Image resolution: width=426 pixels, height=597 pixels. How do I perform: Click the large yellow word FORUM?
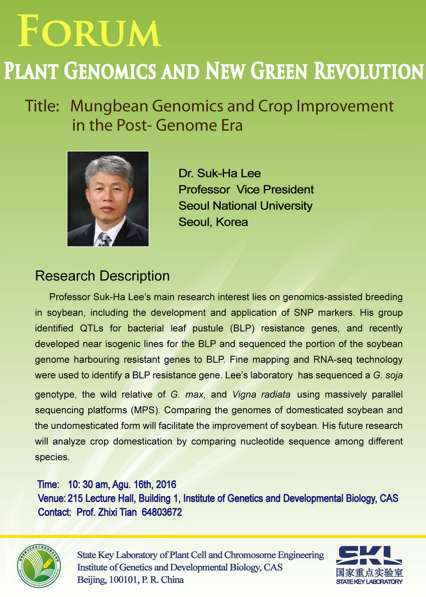89,31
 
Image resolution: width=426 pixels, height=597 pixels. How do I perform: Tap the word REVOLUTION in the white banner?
369,71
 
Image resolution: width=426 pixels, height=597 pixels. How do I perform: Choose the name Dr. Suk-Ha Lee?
220,173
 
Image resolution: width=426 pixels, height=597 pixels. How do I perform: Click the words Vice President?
275,190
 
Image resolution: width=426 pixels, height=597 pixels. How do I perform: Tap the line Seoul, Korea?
213,222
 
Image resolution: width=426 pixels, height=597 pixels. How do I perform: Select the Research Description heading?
103,276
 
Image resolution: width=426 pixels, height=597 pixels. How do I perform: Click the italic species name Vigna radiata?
261,394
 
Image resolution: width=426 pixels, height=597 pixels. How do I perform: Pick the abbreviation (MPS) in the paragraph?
145,410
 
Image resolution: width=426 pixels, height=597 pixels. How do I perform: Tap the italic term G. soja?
388,375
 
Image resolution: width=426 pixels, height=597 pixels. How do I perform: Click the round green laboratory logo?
39,566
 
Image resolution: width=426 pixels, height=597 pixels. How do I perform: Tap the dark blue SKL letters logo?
369,555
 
